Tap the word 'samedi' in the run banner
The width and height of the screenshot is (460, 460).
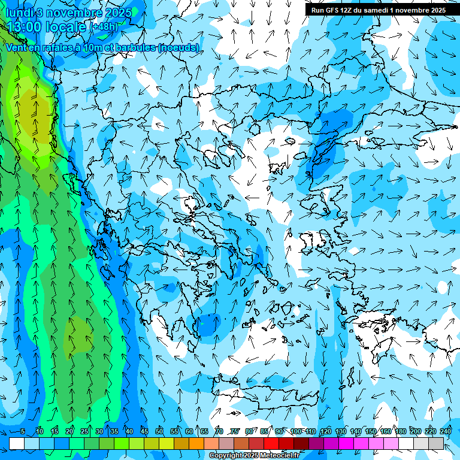tap(374, 10)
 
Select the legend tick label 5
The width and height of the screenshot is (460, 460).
tap(23, 431)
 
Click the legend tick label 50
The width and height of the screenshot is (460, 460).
tap(159, 431)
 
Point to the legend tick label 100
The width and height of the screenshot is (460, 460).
tap(296, 431)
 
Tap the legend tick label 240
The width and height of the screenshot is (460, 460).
tap(446, 431)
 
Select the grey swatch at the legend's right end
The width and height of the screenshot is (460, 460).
tap(436, 443)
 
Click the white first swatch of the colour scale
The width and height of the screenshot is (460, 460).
tap(17, 443)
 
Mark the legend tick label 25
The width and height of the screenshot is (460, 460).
tap(84, 431)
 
